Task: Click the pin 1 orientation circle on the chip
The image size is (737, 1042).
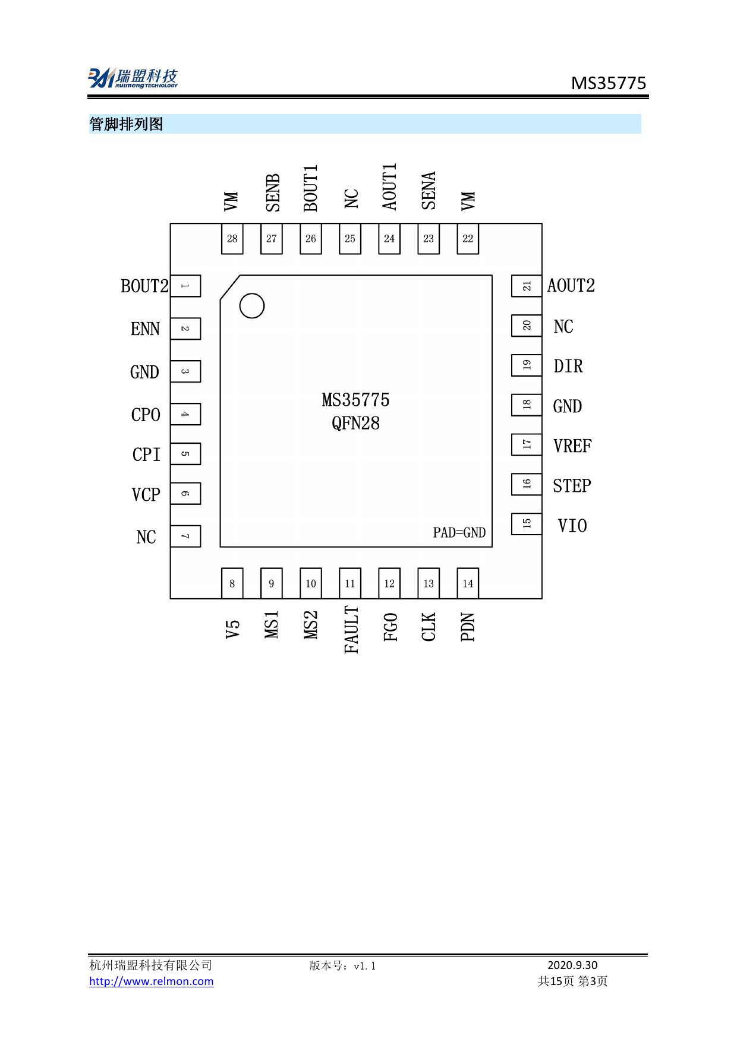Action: pos(251,306)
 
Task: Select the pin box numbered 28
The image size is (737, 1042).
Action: pos(232,239)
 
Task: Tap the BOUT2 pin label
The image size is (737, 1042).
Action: pos(144,286)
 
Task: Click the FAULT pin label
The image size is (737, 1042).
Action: pos(351,630)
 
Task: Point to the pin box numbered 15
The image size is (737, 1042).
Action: pos(527,524)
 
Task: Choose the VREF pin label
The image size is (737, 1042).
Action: pos(572,446)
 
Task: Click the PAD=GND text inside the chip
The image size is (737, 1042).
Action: pos(459,533)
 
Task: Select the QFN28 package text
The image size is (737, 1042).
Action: pos(355,424)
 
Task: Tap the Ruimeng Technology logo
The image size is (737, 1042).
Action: pos(133,78)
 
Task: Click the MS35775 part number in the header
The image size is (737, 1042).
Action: pos(608,83)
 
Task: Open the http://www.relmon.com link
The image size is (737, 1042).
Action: pos(151,981)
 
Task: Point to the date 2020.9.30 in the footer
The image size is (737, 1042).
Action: pos(572,965)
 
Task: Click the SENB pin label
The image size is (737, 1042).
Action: pos(273,192)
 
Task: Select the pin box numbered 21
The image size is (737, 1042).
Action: pos(527,286)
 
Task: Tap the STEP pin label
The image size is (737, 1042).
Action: pos(572,486)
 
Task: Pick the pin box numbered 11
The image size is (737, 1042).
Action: pos(350,583)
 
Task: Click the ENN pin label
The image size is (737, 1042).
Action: pos(145,329)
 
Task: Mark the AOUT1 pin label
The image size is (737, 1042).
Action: pos(389,187)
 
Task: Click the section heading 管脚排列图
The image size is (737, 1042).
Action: pos(126,124)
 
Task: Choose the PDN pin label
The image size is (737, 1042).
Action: pos(468,627)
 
